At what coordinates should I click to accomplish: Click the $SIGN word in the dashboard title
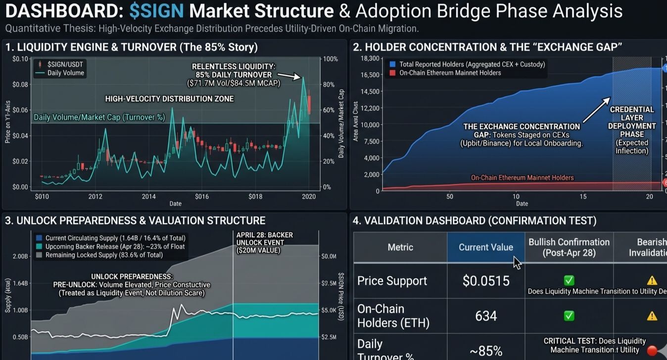click(x=156, y=10)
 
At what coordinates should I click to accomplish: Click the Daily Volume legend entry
click(x=65, y=73)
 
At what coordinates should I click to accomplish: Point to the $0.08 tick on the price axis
click(x=21, y=85)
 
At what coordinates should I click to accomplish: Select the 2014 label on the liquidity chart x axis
click(x=149, y=196)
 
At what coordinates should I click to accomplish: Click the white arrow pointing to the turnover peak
click(x=290, y=76)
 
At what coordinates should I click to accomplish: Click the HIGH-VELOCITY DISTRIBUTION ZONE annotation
click(x=169, y=99)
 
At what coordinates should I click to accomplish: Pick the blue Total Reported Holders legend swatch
click(x=392, y=64)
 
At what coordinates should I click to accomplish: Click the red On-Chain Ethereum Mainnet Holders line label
click(x=522, y=178)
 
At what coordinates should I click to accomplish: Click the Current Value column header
click(x=485, y=247)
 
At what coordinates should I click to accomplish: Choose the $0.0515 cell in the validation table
click(x=485, y=281)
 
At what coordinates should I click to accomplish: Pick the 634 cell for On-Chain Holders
click(x=485, y=315)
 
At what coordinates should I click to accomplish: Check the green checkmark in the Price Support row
click(x=569, y=280)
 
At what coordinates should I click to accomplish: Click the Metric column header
click(x=400, y=247)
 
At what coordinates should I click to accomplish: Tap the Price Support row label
click(x=392, y=281)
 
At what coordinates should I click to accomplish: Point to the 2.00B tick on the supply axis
click(x=19, y=257)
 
